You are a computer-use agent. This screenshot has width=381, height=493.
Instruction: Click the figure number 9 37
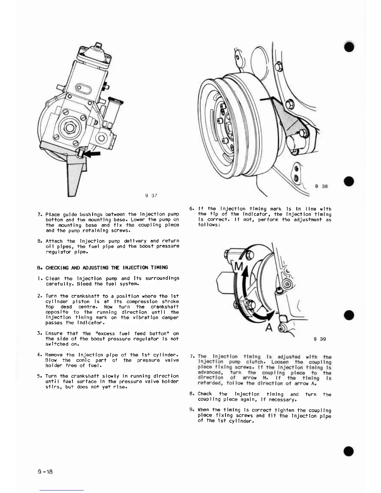coord(151,195)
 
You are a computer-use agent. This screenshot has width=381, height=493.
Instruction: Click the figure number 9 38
coord(321,186)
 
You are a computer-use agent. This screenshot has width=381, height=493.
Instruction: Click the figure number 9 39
coord(320,339)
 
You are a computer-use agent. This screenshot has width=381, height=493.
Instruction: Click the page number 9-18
coord(45,471)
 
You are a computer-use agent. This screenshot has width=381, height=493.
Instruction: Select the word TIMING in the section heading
coord(159,268)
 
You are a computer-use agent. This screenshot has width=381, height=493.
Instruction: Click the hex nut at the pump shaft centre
coord(70,127)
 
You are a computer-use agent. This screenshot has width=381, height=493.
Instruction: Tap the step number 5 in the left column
coord(39,376)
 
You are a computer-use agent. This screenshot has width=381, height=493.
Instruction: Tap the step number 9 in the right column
coord(191,410)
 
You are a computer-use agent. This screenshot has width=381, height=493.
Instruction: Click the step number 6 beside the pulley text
coord(191,209)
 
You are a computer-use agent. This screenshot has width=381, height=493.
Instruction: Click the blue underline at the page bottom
coord(62,490)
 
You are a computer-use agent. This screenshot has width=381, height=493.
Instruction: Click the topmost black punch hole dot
coord(349,47)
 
